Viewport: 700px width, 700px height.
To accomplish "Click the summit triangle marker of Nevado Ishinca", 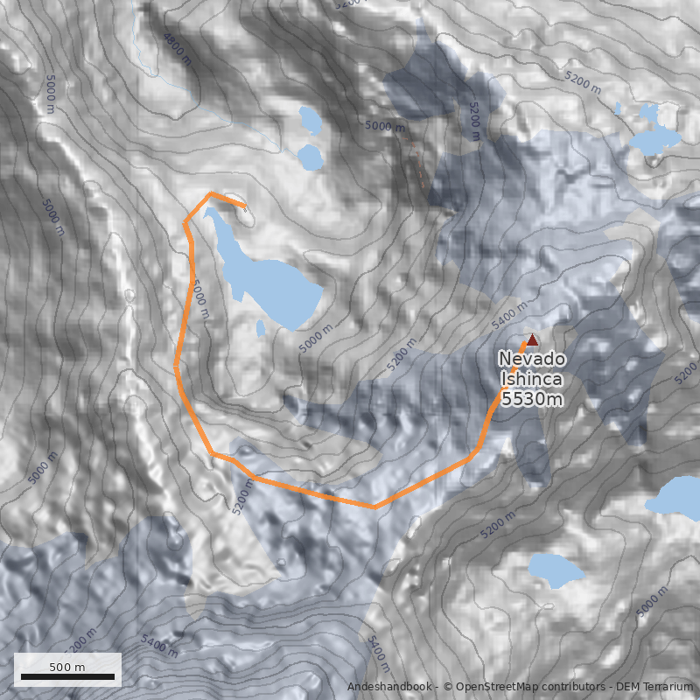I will [532, 339].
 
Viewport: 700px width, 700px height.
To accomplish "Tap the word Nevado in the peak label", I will [532, 360].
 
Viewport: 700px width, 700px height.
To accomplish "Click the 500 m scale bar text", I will [67, 667].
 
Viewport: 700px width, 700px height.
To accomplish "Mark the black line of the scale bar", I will [67, 676].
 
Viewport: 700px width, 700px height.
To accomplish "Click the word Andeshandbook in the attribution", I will [390, 687].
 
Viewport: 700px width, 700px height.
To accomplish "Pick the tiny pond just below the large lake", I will [261, 328].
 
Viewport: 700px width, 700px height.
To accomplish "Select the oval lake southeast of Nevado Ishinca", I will [556, 569].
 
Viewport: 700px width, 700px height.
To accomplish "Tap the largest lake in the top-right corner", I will [654, 139].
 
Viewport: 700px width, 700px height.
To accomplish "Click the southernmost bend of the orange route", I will [374, 507].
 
